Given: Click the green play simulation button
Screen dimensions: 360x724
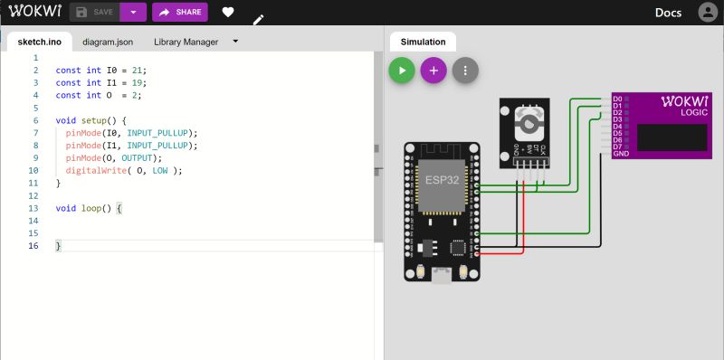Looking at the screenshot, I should point(402,71).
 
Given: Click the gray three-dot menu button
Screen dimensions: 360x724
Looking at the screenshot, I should point(465,71).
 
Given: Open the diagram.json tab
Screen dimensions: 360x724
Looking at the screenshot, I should point(107,42).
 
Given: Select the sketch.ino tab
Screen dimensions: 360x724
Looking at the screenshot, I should point(38,42).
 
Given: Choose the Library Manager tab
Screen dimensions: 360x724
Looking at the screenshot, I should point(186,42).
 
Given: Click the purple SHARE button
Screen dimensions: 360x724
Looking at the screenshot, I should point(180,12).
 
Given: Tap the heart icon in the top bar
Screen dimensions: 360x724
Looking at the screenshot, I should point(228,13).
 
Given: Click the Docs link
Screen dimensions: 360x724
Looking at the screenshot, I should point(668,13).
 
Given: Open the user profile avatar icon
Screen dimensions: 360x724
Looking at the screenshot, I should point(707,13).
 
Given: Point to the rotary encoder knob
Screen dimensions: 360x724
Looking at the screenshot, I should point(524,119).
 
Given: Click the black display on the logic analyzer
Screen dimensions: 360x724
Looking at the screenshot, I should point(672,137).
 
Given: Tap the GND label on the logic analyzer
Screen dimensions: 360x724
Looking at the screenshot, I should point(620,154).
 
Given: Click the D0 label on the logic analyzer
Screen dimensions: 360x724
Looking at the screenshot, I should point(617,98).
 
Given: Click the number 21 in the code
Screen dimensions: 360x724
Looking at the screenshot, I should point(136,70).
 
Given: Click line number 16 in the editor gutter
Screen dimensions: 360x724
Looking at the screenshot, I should point(34,246).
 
